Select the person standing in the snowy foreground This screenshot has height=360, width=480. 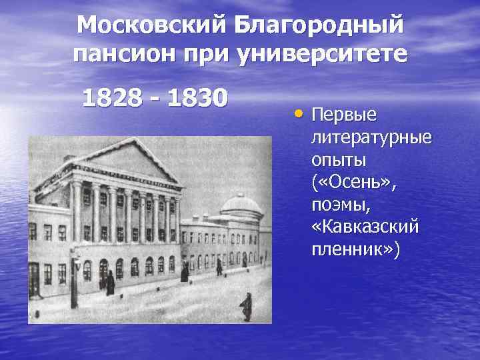tap(246, 307)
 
